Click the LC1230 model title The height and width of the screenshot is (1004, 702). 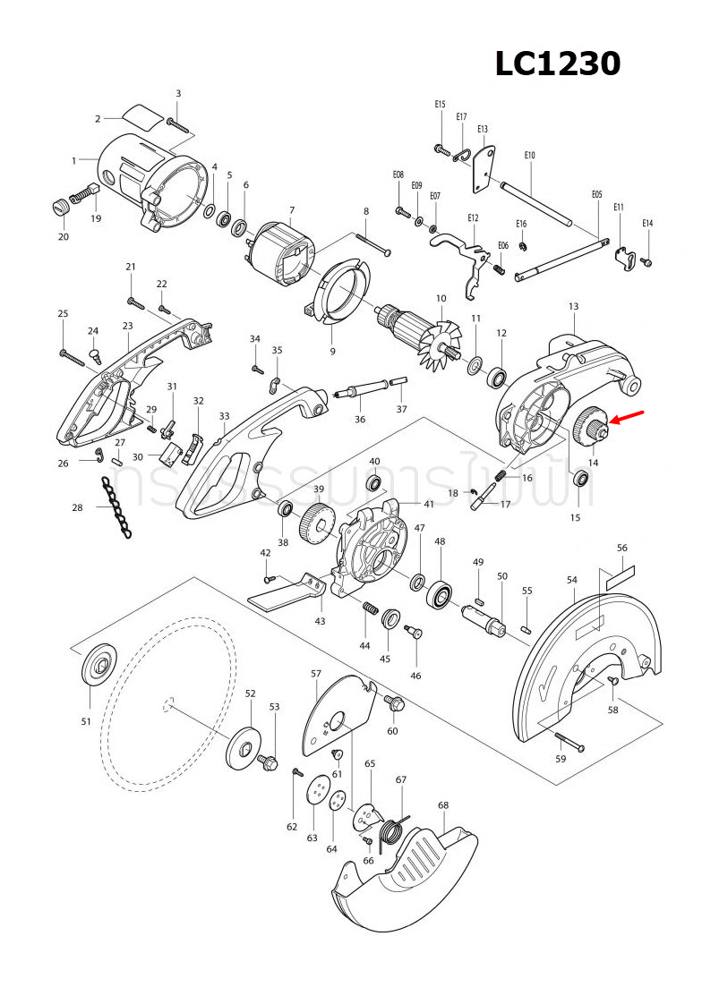(558, 64)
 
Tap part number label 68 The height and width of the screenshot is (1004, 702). (443, 805)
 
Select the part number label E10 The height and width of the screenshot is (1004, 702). (529, 156)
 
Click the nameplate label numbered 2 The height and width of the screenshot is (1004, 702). (142, 115)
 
